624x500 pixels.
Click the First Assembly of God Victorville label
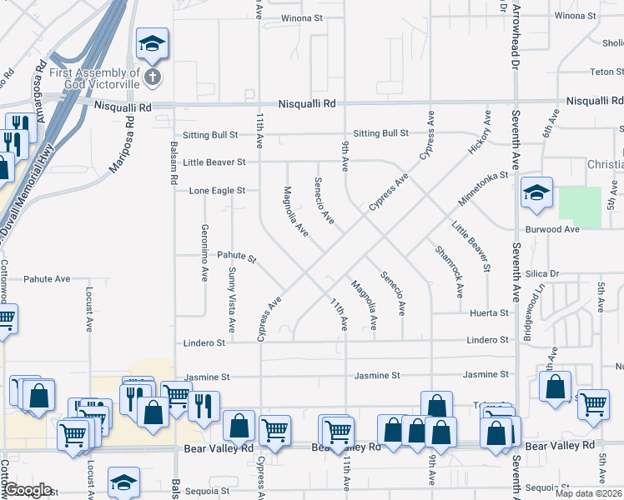pos(94,79)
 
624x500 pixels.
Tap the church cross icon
pos(152,79)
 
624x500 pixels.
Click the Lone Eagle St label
pos(217,191)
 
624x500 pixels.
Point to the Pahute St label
pos(237,256)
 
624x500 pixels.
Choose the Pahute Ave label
pos(47,279)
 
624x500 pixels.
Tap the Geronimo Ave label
pos(204,252)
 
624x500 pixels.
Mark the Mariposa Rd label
pos(120,143)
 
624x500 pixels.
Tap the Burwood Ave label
pos(551,229)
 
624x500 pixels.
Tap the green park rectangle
pos(579,207)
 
